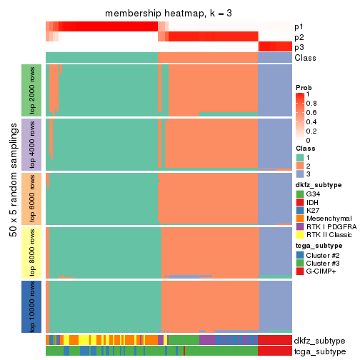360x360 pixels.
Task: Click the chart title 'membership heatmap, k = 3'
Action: pyautogui.click(x=169, y=14)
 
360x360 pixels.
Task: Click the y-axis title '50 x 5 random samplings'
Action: pyautogui.click(x=13, y=198)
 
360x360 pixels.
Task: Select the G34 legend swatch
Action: pyautogui.click(x=300, y=194)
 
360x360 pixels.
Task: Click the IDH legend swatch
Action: pyautogui.click(x=300, y=203)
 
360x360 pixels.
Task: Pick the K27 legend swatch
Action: pyautogui.click(x=300, y=212)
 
